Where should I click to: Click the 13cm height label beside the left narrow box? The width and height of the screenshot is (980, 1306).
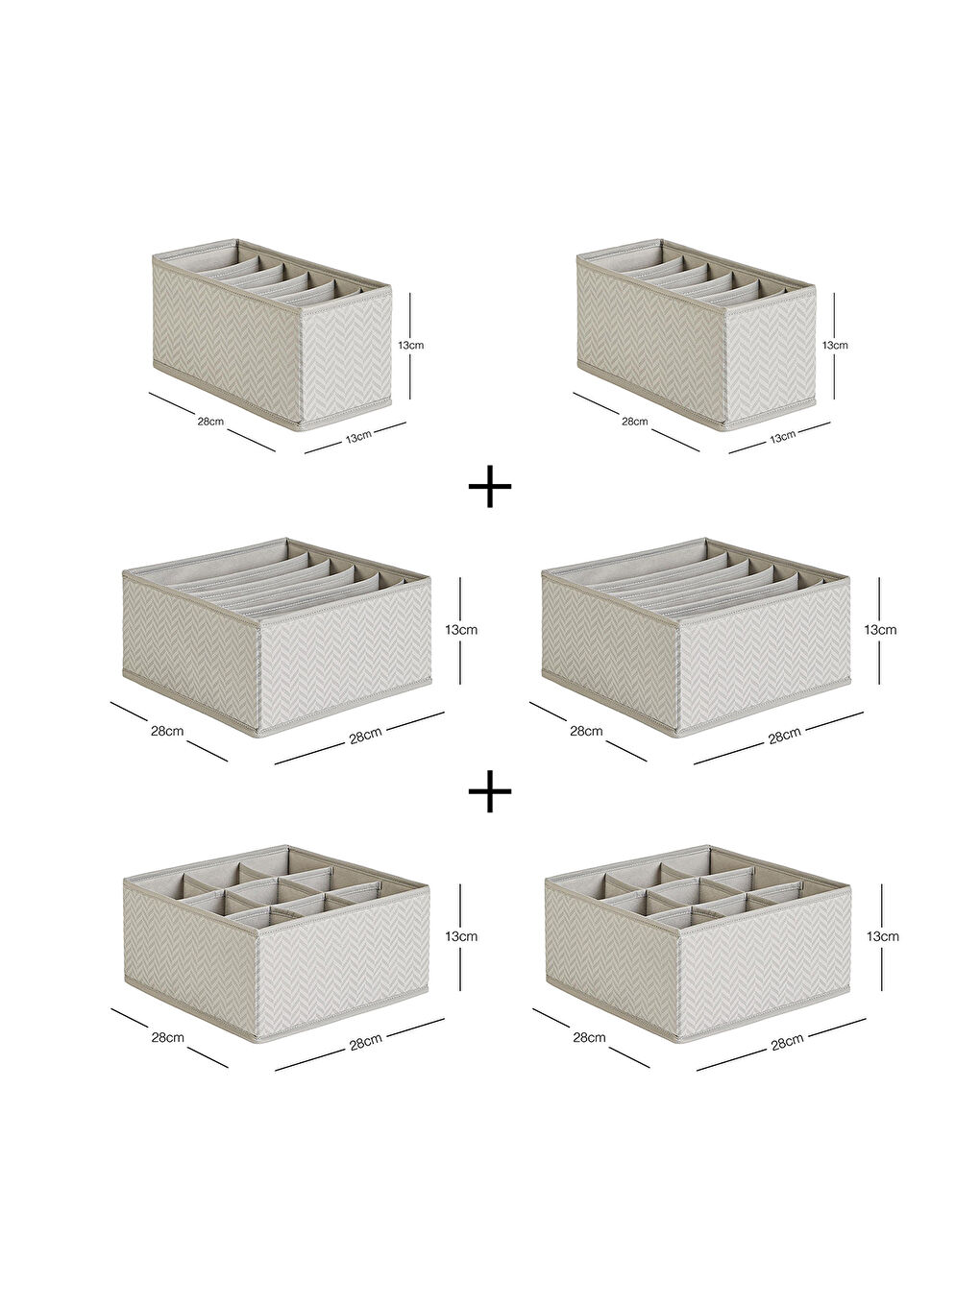[x=411, y=345]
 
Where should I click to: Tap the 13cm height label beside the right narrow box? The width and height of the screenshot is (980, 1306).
[x=835, y=345]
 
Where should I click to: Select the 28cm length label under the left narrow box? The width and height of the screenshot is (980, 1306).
[x=211, y=422]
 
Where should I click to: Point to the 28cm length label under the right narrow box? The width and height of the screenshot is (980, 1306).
[x=635, y=422]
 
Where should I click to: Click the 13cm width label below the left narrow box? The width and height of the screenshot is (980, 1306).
[x=358, y=437]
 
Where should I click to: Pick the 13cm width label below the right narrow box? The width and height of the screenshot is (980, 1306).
[x=782, y=437]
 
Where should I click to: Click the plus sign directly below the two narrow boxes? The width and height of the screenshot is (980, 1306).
[x=490, y=487]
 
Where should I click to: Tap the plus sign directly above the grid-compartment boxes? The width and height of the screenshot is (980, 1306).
[x=490, y=791]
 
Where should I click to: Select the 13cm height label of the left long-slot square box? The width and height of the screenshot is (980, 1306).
[x=461, y=630]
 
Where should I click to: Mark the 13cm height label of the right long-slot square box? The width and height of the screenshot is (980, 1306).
[x=880, y=630]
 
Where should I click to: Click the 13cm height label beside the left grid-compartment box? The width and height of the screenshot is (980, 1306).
[x=461, y=936]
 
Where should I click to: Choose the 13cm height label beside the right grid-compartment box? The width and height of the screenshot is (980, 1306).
[x=882, y=936]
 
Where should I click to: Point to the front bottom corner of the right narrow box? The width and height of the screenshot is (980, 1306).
[x=724, y=429]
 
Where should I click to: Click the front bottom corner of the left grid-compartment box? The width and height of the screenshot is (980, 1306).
[x=257, y=1040]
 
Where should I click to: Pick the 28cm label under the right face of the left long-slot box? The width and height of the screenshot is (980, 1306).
[x=365, y=737]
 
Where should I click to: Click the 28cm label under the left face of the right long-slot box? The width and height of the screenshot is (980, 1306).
[x=586, y=731]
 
